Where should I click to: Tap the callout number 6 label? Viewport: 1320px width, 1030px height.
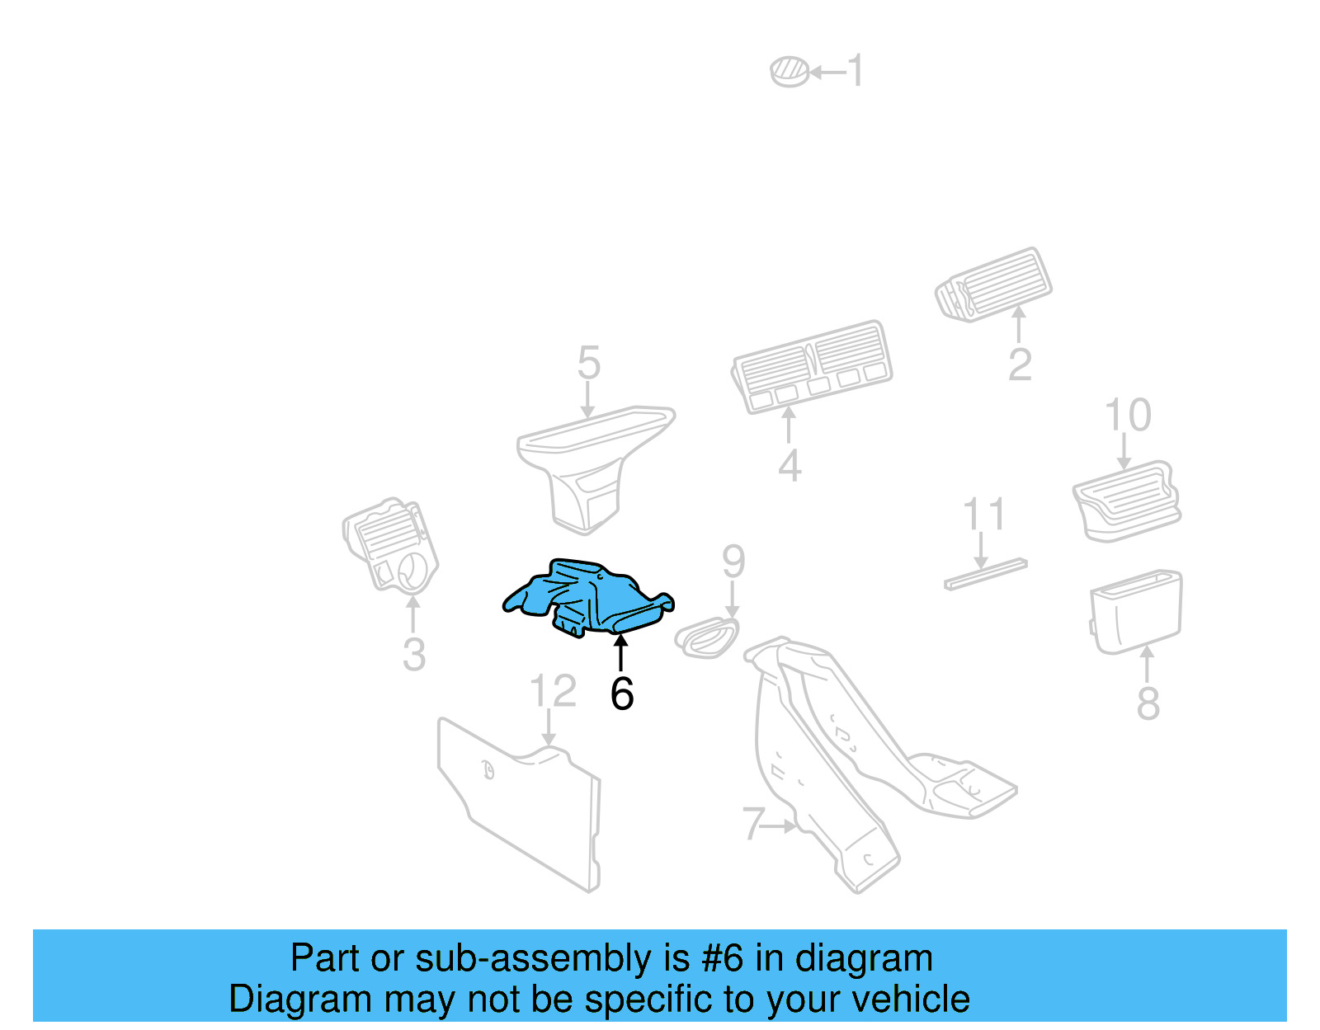(x=622, y=694)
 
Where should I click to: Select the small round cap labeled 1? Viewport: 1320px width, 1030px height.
(x=790, y=72)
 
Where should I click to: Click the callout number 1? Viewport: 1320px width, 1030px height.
(x=856, y=71)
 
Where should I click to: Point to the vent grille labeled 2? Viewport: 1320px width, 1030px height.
(x=994, y=284)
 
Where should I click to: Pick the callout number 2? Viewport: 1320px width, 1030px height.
(x=1020, y=364)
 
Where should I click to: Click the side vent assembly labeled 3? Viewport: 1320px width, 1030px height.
(x=390, y=545)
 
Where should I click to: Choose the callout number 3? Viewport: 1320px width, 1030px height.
(x=414, y=655)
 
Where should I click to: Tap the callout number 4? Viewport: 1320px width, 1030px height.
(x=790, y=466)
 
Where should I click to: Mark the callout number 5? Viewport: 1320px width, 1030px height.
(x=588, y=363)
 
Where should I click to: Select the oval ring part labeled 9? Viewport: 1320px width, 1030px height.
(x=706, y=637)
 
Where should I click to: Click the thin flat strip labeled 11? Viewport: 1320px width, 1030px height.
(x=986, y=574)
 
